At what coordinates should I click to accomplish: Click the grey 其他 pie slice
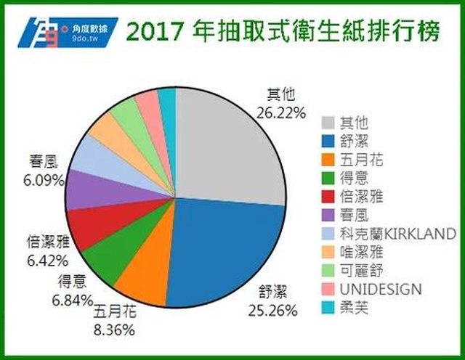click(x=225, y=145)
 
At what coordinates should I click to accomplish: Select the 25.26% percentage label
click(x=272, y=311)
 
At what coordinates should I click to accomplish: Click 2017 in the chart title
click(x=155, y=31)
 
